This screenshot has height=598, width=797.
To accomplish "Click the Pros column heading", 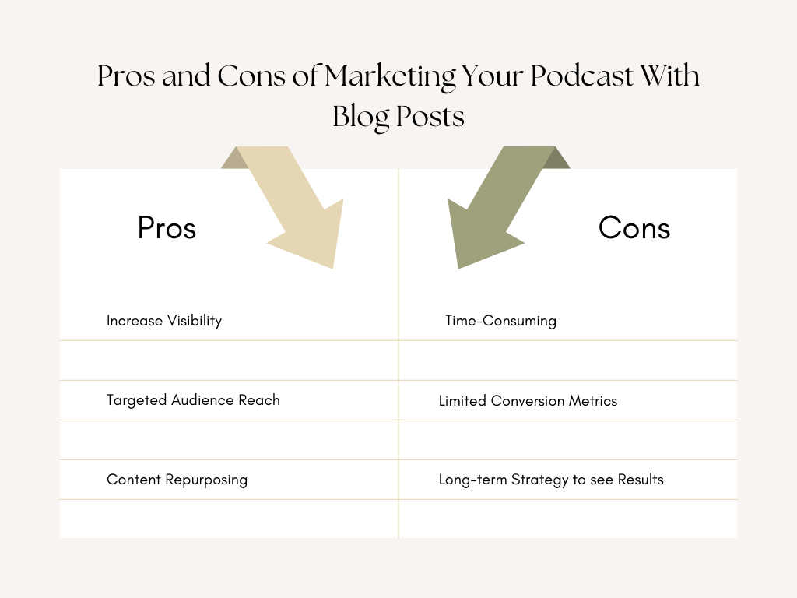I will [167, 228].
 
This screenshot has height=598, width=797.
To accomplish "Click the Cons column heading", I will [634, 228].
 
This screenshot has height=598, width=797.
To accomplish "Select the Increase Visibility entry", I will [164, 321].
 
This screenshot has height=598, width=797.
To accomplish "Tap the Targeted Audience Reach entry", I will [193, 400].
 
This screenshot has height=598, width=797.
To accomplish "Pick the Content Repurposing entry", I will [177, 480].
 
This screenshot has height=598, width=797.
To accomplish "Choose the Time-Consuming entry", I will [500, 321].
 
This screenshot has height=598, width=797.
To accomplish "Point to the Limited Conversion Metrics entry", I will [528, 401].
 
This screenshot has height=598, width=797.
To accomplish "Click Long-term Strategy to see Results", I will [551, 480].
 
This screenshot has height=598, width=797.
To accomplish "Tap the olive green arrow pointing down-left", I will [498, 206].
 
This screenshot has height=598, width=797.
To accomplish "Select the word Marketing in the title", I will [391, 76].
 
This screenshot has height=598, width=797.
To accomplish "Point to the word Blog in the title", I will [361, 116].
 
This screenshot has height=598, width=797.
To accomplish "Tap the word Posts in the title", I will [430, 116].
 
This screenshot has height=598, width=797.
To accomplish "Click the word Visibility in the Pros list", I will [194, 321].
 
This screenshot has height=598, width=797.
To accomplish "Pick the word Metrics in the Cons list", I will [592, 401].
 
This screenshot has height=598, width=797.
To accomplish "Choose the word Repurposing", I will [206, 480].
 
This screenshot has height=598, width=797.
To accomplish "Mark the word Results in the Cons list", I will [641, 480].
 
